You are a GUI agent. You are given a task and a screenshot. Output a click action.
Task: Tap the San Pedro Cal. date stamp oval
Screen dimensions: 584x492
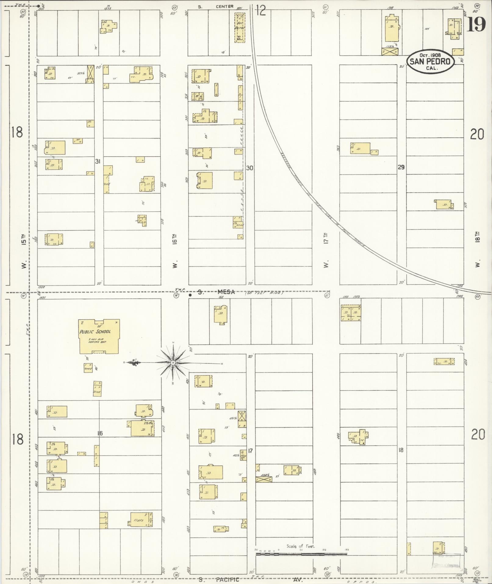pyautogui.click(x=430, y=61)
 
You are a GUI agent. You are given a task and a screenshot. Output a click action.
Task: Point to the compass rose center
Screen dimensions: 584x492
pyautogui.click(x=173, y=363)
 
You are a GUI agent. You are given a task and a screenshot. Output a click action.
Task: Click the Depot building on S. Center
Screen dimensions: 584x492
pyautogui.click(x=240, y=27)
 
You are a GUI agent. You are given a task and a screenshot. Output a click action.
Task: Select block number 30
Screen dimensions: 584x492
pyautogui.click(x=250, y=168)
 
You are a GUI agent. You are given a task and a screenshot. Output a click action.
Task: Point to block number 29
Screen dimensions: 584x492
pyautogui.click(x=401, y=167)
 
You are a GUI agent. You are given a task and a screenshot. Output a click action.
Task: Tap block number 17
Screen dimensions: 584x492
pyautogui.click(x=250, y=450)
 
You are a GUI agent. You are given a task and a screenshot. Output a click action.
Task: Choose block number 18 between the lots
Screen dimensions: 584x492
pyautogui.click(x=401, y=450)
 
